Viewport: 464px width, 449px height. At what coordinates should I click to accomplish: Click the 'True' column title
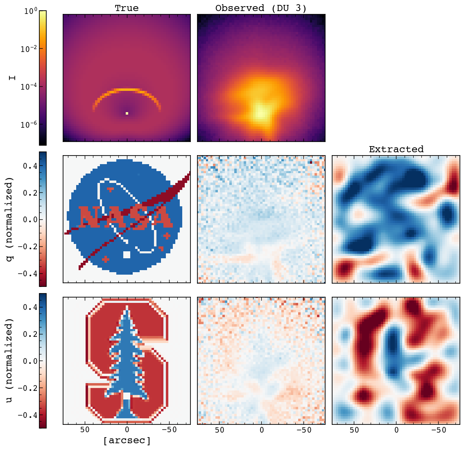point(127,8)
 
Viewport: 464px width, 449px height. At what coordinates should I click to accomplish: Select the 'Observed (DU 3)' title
point(261,8)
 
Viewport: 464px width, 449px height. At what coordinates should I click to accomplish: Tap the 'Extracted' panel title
point(396,149)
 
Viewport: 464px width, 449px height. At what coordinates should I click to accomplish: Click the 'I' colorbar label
point(12,76)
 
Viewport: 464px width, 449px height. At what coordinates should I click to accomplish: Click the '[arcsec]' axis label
point(127,441)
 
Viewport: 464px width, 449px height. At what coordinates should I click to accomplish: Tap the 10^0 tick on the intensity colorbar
point(29,11)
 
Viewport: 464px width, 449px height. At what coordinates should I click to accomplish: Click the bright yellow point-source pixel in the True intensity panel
point(127,113)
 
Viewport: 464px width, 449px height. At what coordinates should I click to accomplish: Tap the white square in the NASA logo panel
point(127,255)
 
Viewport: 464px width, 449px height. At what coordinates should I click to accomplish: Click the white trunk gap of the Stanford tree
point(127,396)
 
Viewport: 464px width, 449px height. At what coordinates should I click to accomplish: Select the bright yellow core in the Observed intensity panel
point(261,112)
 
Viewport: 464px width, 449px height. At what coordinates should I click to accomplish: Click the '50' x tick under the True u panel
point(85,430)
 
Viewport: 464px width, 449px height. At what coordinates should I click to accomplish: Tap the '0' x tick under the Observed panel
point(261,430)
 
